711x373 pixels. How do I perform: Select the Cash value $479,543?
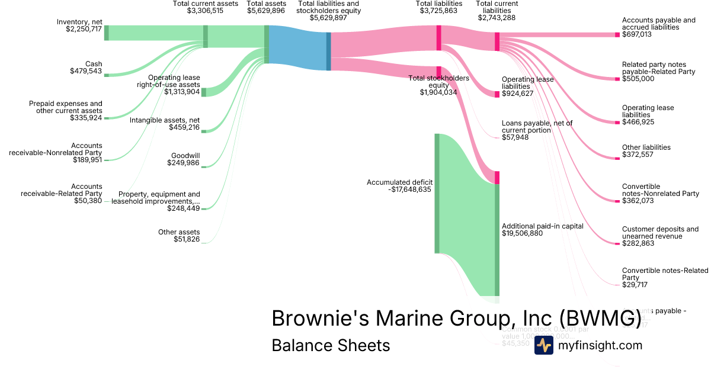coord(86,72)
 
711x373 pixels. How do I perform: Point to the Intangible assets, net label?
coord(165,120)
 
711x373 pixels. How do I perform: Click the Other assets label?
coord(179,232)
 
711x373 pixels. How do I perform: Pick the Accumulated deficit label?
coord(399,182)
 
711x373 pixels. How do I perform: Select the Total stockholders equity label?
coord(438,82)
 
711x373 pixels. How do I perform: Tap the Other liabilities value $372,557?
coord(639,155)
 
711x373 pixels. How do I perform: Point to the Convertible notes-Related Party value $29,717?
coord(635,285)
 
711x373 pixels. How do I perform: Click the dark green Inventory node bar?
coord(107,33)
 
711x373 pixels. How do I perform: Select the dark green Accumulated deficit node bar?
coord(437,193)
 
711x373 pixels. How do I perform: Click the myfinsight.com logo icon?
coord(543,345)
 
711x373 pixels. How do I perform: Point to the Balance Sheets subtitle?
coord(331,345)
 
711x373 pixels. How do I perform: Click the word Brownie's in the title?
coord(313,318)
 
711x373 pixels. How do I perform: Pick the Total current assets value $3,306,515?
coord(205,11)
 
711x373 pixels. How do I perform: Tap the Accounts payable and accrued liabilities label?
coord(658,24)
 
